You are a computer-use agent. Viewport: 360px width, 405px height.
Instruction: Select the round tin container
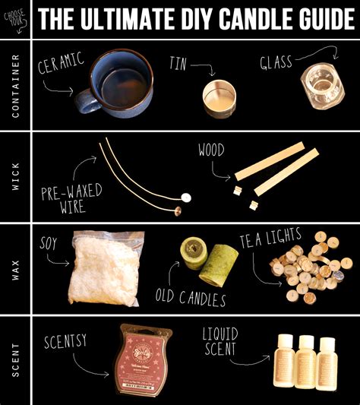tap(219, 96)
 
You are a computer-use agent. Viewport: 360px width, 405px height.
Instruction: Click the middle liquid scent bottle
tap(305, 362)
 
